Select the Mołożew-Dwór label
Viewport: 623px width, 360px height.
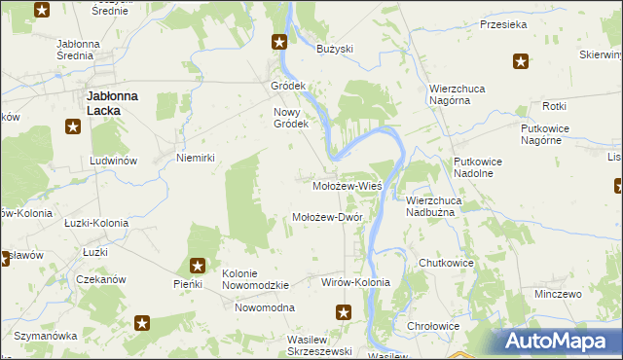coord(328,217)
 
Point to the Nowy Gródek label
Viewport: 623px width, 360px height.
coord(290,118)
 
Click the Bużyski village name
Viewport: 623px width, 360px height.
coord(335,48)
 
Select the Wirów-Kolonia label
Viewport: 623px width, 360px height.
coord(355,282)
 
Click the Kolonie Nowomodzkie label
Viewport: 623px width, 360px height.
coord(256,279)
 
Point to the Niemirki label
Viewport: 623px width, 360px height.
coord(195,157)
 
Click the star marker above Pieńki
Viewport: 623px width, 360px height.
coord(198,265)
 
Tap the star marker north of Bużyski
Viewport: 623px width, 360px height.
coord(279,41)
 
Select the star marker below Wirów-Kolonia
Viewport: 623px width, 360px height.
coord(344,312)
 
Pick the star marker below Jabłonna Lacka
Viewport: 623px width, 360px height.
coord(72,126)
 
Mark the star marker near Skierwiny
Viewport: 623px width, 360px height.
coord(521,63)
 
